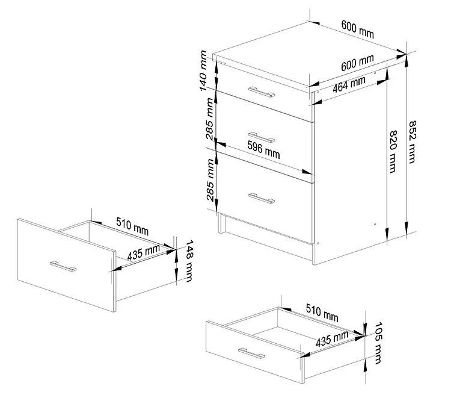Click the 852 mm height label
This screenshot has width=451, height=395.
[413, 142]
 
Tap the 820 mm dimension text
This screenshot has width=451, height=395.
[393, 152]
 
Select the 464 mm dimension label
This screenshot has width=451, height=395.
[349, 84]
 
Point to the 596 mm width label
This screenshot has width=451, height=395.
[263, 150]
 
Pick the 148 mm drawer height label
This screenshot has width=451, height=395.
[189, 261]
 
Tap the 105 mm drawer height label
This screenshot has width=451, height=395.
[378, 343]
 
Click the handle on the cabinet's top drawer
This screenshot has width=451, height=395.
[262, 92]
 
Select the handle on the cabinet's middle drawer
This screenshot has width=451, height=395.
[262, 137]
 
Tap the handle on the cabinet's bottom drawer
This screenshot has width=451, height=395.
[262, 198]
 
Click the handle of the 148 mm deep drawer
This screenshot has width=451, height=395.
[63, 266]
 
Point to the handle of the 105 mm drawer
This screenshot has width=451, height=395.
[251, 353]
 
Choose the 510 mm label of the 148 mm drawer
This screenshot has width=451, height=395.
[132, 226]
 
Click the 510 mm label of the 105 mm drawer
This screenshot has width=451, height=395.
[322, 313]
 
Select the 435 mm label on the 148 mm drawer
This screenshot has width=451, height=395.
[144, 252]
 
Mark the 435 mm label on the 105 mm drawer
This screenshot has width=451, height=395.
[332, 339]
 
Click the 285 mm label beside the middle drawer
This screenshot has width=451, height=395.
[210, 119]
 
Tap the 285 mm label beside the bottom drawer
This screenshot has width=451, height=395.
[210, 180]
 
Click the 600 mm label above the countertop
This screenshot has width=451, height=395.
[358, 30]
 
